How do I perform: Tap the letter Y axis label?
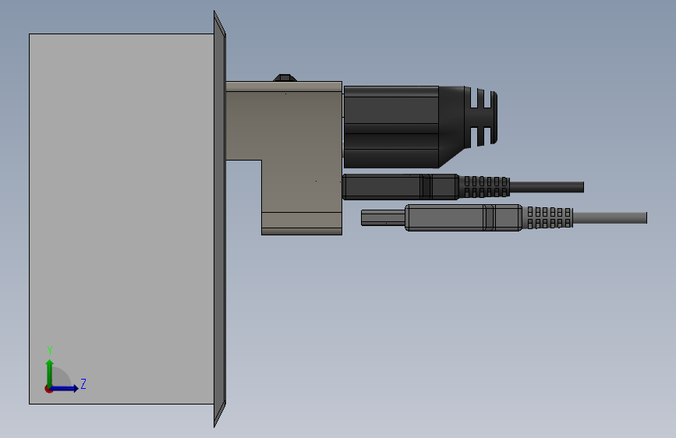coord(50,350)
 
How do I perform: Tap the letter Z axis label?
coord(83,383)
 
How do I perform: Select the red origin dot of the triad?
coord(48,389)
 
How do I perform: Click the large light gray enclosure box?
coord(122,218)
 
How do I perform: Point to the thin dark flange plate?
coord(219,218)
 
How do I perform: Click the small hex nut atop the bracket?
coord(285,78)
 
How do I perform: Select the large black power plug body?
coord(391,127)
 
